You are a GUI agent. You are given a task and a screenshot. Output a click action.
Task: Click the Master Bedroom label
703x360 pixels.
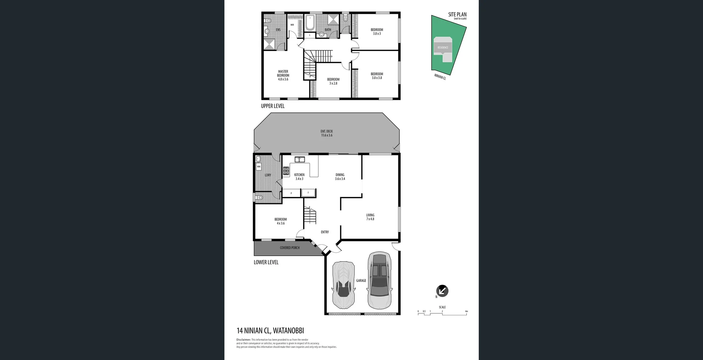click(283, 75)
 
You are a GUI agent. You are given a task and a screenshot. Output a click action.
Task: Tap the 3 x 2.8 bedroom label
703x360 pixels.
click(333, 81)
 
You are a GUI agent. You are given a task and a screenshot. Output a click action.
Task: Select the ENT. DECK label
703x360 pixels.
click(327, 133)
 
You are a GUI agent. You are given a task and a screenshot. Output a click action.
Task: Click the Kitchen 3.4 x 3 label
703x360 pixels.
click(299, 177)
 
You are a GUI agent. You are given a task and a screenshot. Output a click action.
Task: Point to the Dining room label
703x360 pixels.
click(340, 177)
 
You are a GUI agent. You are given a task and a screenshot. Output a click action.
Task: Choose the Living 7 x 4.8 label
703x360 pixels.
click(370, 217)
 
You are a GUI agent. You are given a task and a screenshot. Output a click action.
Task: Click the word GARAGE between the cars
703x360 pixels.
click(361, 281)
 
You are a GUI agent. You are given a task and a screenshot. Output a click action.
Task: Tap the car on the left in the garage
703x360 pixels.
click(343, 285)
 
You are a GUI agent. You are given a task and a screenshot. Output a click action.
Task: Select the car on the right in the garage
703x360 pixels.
click(380, 280)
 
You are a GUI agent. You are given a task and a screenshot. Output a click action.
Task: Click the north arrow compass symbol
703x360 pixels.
click(442, 291)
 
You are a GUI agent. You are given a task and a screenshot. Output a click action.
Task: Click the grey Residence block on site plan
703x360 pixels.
click(443, 48)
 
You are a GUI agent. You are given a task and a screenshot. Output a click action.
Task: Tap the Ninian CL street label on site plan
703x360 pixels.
click(440, 77)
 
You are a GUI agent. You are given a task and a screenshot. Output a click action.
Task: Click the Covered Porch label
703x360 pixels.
click(290, 248)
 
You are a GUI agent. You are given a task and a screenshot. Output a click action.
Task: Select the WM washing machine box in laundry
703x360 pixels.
click(258, 167)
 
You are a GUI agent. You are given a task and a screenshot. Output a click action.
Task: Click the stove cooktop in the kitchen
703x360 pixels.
click(286, 171)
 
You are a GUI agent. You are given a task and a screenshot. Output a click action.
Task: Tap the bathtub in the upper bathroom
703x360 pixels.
click(310, 23)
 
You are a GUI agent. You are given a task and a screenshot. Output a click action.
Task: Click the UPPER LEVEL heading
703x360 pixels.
click(272, 106)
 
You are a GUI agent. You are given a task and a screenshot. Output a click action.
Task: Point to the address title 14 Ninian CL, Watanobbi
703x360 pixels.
click(270, 331)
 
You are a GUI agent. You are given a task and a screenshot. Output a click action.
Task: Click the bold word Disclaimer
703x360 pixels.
click(243, 340)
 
